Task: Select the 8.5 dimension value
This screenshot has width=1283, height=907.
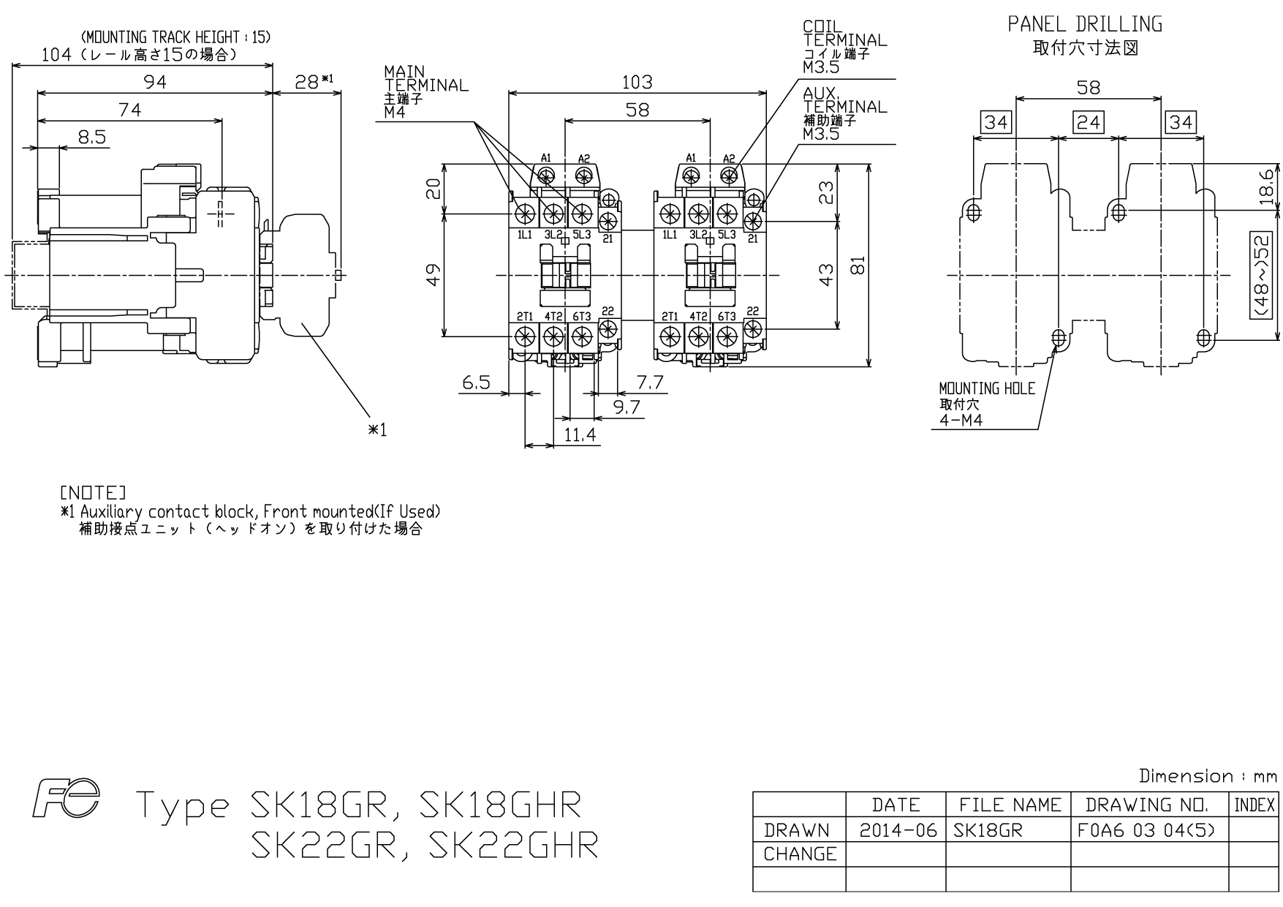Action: (92, 137)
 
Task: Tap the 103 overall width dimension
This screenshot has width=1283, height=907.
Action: (637, 82)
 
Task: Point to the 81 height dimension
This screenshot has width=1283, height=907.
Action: (858, 264)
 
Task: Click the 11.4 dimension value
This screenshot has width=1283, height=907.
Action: (580, 435)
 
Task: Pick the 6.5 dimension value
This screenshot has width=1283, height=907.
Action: (476, 383)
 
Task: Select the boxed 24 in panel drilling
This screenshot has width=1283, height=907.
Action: (1089, 122)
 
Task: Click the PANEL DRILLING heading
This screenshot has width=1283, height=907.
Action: (1085, 24)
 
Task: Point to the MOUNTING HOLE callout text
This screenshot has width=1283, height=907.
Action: (987, 388)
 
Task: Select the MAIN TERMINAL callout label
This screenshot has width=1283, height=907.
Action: (425, 78)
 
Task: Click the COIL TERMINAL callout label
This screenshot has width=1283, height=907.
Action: (844, 34)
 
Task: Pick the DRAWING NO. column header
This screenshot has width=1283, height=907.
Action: (1147, 805)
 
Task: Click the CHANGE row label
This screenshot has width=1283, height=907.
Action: (800, 854)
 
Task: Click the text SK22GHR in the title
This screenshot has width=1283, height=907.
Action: (513, 846)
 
